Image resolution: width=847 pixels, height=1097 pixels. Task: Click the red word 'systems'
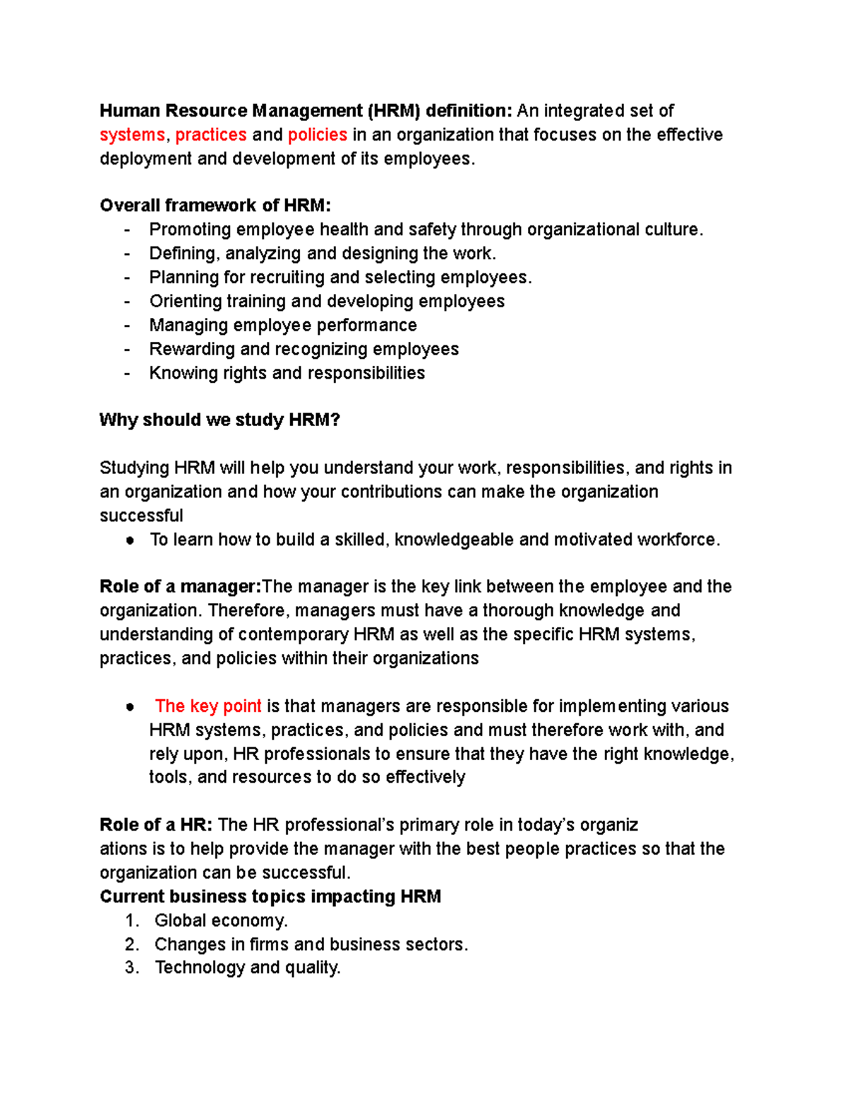tap(132, 135)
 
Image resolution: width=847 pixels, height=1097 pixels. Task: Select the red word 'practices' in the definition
tap(210, 135)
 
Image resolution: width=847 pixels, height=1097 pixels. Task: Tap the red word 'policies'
tap(317, 135)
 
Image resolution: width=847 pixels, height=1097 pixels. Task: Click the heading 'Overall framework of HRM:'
tap(215, 206)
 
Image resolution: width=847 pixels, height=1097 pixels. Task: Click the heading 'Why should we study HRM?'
tap(220, 420)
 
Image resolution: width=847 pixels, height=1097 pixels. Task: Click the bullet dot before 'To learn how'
tap(130, 540)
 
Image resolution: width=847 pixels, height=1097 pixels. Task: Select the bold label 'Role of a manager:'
tap(181, 587)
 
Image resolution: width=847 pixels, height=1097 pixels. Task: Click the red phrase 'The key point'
tap(208, 706)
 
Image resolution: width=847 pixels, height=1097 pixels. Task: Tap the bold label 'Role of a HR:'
tap(156, 825)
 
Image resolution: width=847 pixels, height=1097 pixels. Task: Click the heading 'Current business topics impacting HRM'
tap(270, 896)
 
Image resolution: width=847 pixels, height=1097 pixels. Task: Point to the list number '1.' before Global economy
tap(132, 920)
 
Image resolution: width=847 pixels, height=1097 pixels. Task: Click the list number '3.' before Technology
tap(132, 968)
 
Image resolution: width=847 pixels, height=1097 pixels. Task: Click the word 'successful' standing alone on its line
tap(141, 516)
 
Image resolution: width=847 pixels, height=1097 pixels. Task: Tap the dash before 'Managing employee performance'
tap(127, 326)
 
